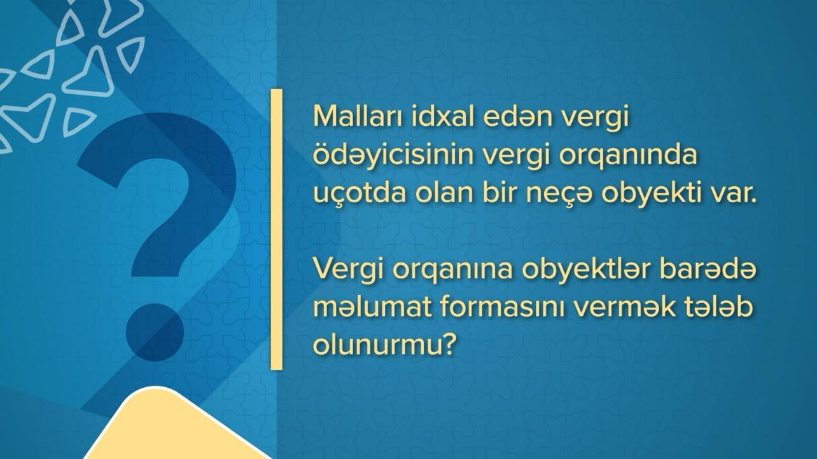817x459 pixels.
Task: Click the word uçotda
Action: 360,193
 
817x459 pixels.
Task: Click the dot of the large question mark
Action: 155,332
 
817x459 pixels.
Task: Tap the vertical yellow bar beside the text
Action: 276,229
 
